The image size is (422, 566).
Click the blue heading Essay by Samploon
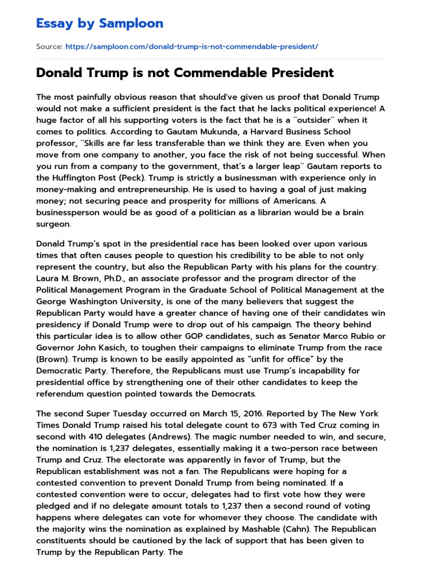100,23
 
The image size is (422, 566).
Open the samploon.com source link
191,46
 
